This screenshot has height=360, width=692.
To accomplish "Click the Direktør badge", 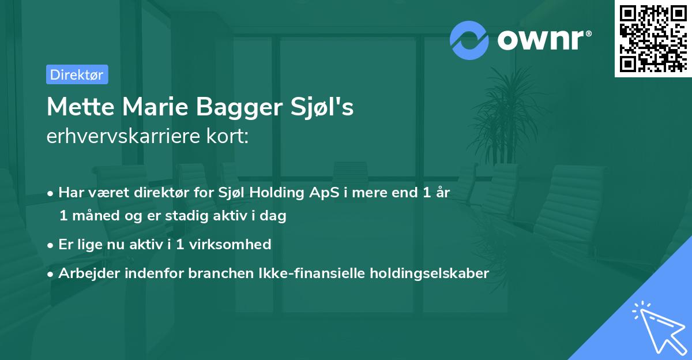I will [x=77, y=74].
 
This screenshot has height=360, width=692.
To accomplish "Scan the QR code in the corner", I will [x=652, y=38].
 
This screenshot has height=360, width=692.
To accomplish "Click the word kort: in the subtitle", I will [x=231, y=136].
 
